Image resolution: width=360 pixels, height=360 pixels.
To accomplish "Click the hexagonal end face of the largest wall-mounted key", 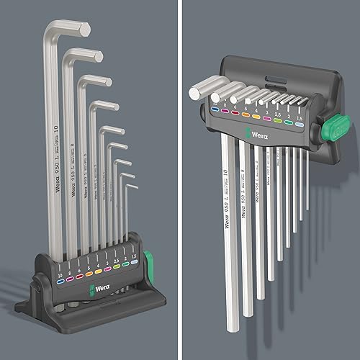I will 197,91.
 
